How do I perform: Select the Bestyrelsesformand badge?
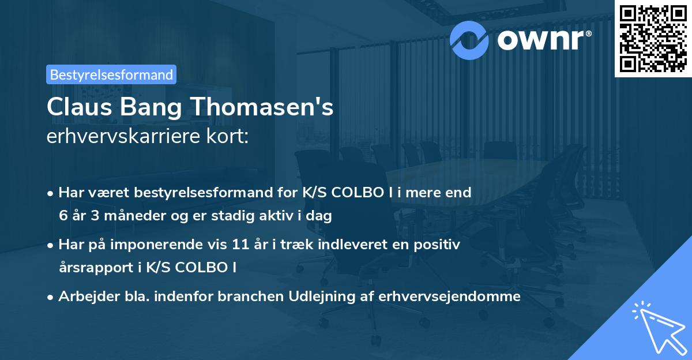111,74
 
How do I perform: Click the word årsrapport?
95,268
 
